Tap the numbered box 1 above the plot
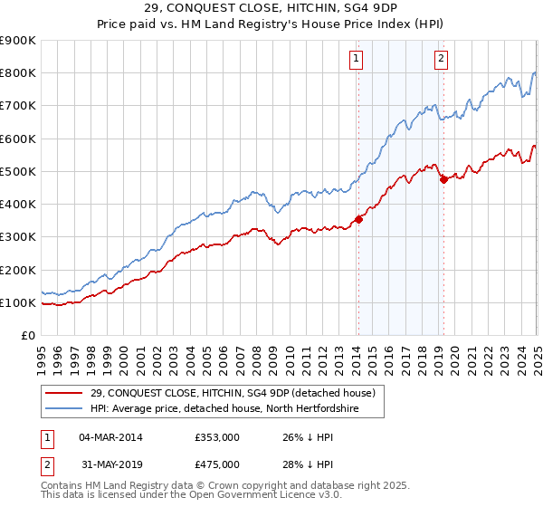357,60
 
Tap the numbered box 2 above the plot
441,60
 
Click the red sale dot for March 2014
358,218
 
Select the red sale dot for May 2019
444,179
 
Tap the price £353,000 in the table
217,437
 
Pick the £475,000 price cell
217,464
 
